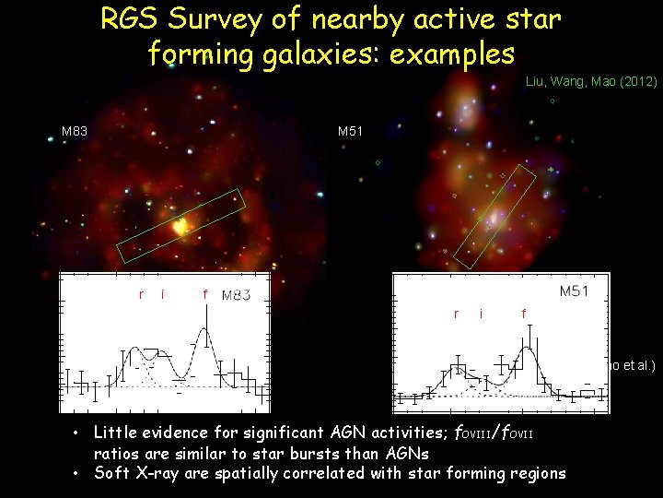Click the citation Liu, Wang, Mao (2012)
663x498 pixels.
pos(590,82)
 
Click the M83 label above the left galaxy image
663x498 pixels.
pos(75,132)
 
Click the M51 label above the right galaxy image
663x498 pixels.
pos(351,132)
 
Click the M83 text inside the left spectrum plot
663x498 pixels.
pos(236,295)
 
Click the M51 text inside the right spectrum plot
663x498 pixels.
pos(581,291)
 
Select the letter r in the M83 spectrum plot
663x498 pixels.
pos(141,295)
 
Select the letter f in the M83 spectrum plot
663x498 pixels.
pos(204,295)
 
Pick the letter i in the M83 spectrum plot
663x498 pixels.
pos(163,295)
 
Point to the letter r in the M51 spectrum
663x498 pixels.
pos(457,314)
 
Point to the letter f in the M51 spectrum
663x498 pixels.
pos(523,314)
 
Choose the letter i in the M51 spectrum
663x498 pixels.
pos(481,314)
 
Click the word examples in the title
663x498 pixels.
pos(452,53)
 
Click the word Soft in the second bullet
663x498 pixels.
pos(112,473)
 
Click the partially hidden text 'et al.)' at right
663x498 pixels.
pos(639,365)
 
